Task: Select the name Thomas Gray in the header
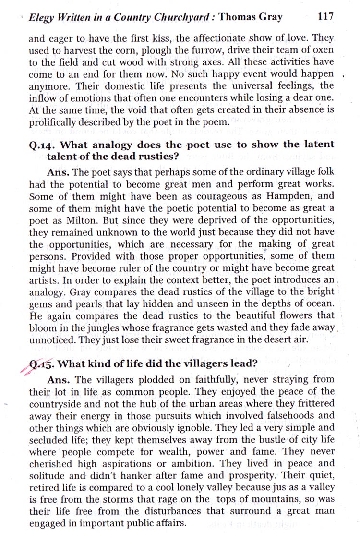point(250,17)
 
